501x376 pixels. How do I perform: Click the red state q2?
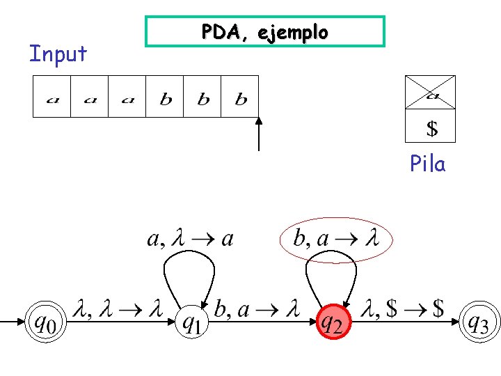click(x=333, y=322)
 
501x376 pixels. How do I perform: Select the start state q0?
click(x=46, y=322)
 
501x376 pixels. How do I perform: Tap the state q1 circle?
click(x=192, y=322)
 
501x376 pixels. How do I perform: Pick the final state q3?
click(x=479, y=322)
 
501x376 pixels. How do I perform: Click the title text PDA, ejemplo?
click(x=265, y=32)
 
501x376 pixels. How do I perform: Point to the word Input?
click(x=58, y=54)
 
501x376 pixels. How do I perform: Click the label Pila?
click(x=427, y=164)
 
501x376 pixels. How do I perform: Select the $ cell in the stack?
click(x=431, y=125)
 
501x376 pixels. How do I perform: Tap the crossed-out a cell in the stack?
click(x=431, y=93)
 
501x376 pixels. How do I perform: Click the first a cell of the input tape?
click(x=51, y=97)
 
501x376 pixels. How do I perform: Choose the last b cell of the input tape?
click(x=239, y=97)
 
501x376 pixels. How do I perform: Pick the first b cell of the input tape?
click(x=164, y=97)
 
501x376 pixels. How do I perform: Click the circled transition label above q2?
click(x=336, y=239)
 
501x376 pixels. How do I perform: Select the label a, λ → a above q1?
click(x=191, y=239)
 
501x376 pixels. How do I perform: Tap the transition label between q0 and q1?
click(x=118, y=308)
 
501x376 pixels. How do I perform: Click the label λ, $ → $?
click(x=402, y=308)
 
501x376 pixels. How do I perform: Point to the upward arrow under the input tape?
click(x=259, y=134)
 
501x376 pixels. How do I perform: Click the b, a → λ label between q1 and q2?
click(x=257, y=308)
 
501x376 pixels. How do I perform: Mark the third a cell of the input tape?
click(x=127, y=97)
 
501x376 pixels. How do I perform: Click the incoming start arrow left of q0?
click(x=13, y=322)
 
